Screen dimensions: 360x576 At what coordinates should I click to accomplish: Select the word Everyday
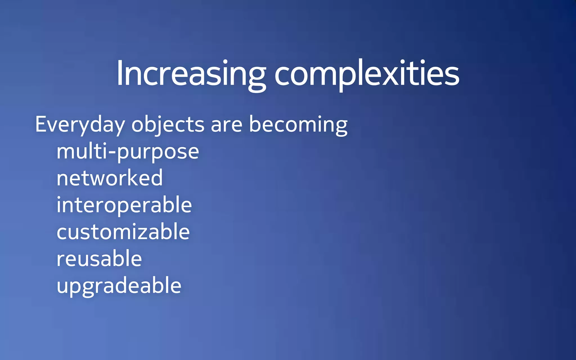pyautogui.click(x=80, y=125)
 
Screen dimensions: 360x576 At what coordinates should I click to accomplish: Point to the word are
pyautogui.click(x=226, y=125)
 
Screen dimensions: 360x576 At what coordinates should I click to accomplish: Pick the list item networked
pyautogui.click(x=109, y=178)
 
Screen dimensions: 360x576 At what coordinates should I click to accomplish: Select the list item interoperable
pyautogui.click(x=124, y=205)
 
